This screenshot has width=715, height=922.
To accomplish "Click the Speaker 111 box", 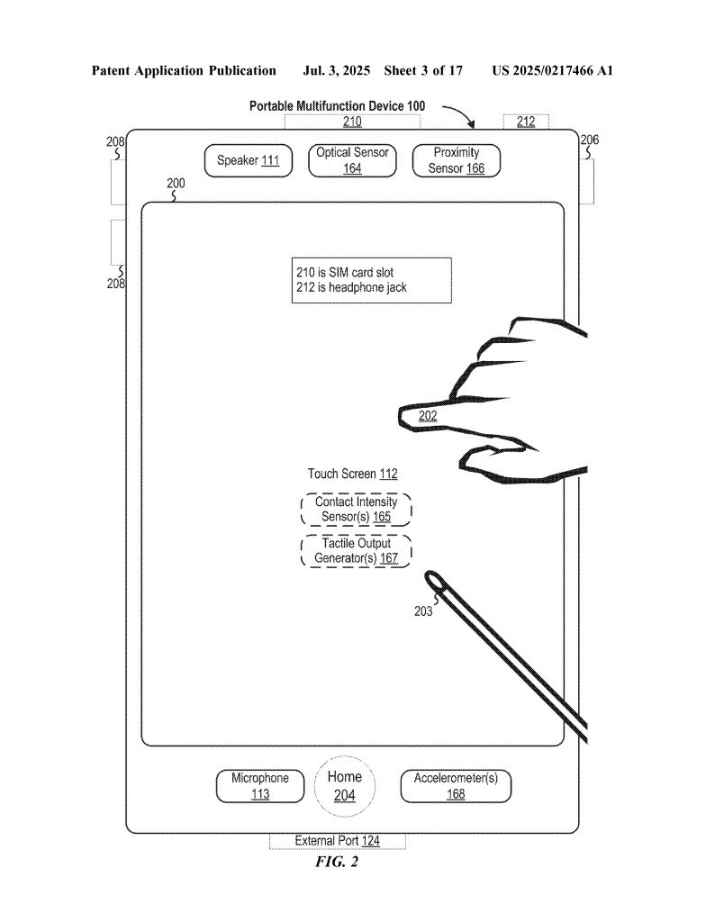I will [248, 161].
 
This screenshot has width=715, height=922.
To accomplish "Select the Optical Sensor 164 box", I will [352, 160].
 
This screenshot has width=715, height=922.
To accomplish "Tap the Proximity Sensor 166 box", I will [456, 160].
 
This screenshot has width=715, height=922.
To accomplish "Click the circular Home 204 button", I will [345, 785].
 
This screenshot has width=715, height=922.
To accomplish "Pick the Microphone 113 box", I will [260, 786].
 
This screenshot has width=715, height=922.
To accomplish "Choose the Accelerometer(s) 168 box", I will [457, 786].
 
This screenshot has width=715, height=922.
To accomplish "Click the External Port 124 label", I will [337, 841].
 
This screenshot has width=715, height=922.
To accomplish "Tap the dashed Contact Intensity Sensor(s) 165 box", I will [356, 510].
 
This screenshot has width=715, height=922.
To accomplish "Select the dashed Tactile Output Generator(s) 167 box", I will [356, 551].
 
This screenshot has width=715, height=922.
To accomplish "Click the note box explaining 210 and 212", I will [371, 280].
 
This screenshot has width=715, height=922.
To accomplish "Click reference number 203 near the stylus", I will [423, 611].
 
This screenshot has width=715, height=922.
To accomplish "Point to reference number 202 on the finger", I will [428, 415].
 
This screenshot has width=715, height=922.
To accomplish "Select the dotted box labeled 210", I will [352, 122].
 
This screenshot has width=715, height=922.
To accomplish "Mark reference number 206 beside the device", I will [589, 140].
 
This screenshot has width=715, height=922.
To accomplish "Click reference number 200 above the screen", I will [176, 184].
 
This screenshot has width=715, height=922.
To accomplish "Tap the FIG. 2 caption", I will [337, 863].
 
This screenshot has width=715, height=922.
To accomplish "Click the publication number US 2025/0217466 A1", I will [552, 70].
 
